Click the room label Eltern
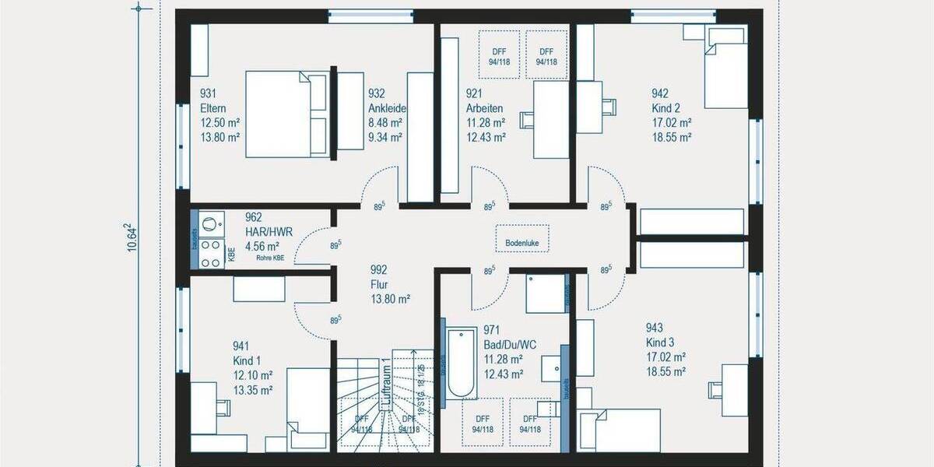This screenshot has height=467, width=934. [212, 108]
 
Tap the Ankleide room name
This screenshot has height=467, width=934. [387, 108]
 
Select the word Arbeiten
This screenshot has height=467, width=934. [484, 108]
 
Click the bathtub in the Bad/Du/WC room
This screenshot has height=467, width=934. [462, 363]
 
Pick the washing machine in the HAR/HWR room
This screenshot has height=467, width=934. [210, 224]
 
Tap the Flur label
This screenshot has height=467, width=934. [379, 284]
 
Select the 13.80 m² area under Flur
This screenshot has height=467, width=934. [391, 298]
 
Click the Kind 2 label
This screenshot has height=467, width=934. [667, 108]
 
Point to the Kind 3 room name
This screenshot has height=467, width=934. [661, 342]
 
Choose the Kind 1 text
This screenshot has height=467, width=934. [247, 361]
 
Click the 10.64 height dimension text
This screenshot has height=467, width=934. [132, 234]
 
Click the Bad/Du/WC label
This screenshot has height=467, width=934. [509, 344]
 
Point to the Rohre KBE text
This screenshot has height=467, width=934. [269, 258]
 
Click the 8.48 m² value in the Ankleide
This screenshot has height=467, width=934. [384, 123]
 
